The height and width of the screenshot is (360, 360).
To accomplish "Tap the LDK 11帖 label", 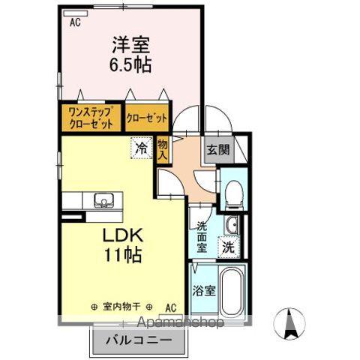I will click(122, 243).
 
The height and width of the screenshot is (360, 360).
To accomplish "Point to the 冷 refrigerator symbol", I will click(140, 148).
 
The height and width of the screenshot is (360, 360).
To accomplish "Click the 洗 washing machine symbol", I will click(227, 245).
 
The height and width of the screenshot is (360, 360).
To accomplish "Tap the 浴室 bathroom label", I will click(202, 289).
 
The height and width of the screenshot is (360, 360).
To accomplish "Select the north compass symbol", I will click(290, 324).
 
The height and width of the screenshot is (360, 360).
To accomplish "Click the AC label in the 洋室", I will click(75, 22).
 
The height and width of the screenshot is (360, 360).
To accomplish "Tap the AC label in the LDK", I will click(170, 307).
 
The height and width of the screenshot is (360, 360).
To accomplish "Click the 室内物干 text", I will click(122, 307).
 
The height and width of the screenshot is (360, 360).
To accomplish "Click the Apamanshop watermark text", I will click(180, 323).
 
